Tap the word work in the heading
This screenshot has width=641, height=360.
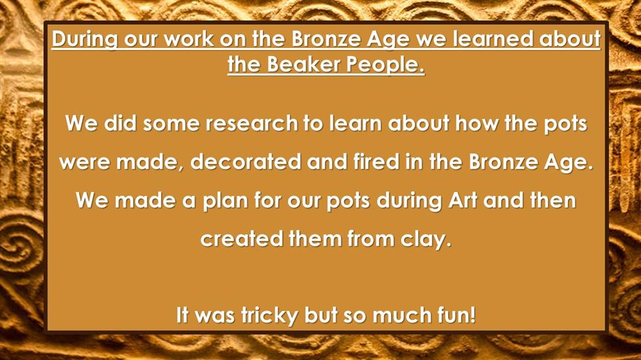(x=189, y=39)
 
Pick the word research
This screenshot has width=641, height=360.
(x=251, y=123)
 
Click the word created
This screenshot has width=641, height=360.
(x=241, y=238)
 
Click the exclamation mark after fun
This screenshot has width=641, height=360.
(x=473, y=315)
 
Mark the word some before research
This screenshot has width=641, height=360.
(x=171, y=124)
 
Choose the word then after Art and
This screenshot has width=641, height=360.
(x=553, y=200)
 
